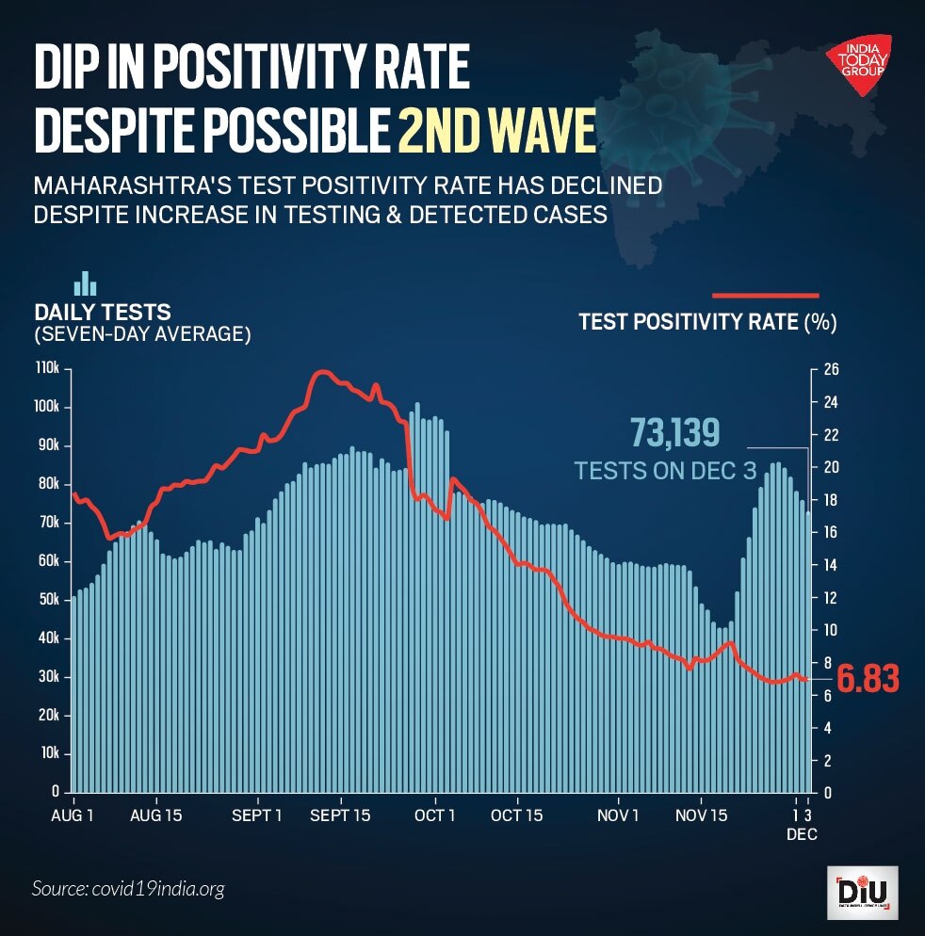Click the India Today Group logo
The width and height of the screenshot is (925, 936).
pos(860,64)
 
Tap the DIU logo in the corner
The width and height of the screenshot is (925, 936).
pos(861,892)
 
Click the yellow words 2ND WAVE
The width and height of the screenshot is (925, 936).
pos(496,133)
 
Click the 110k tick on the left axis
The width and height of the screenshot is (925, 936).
pos(48,368)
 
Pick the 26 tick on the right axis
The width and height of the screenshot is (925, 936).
pos(832,368)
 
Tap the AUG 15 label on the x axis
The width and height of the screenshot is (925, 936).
pos(155,815)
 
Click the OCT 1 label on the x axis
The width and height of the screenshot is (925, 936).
pos(435,815)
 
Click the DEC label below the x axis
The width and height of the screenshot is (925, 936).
pos(803,834)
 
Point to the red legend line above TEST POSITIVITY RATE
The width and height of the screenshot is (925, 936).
pos(766,295)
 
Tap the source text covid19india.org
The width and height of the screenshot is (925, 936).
pos(128,888)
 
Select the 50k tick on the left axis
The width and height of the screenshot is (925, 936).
pos(48,599)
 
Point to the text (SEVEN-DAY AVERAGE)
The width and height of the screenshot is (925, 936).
pos(142,333)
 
